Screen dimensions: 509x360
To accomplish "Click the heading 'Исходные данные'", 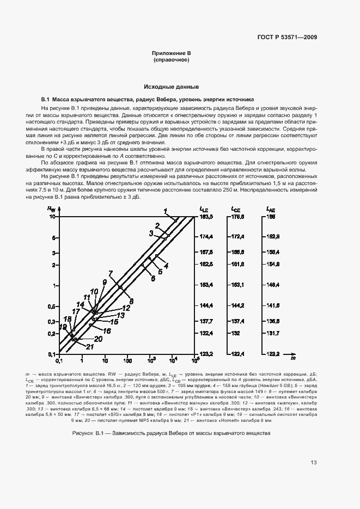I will pyautogui.click(x=171, y=87).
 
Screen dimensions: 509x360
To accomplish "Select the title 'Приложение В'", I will pyautogui.click(x=171, y=53).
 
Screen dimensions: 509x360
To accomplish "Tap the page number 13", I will pyautogui.click(x=314, y=463).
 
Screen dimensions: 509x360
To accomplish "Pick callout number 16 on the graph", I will pyautogui.click(x=107, y=330).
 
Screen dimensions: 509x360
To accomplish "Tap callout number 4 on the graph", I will pyautogui.click(x=166, y=265).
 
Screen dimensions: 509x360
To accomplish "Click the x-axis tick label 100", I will pyautogui.click(x=127, y=360).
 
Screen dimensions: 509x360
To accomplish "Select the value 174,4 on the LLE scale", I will pyautogui.click(x=207, y=237).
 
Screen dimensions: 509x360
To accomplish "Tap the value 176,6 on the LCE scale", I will pyautogui.click(x=238, y=217).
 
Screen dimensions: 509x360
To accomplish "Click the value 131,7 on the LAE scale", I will pyautogui.click(x=273, y=333).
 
